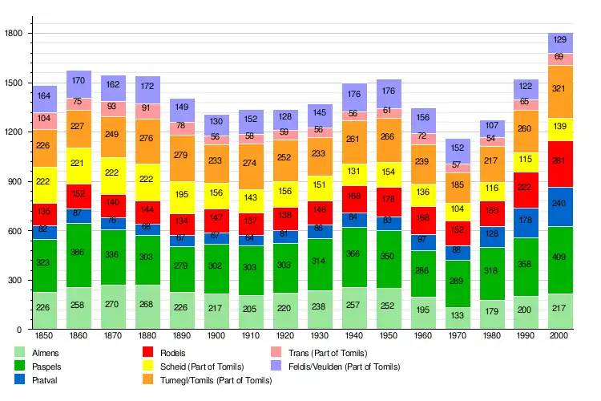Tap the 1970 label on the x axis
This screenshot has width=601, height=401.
(458, 335)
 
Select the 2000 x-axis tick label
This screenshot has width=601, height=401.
(560, 335)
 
